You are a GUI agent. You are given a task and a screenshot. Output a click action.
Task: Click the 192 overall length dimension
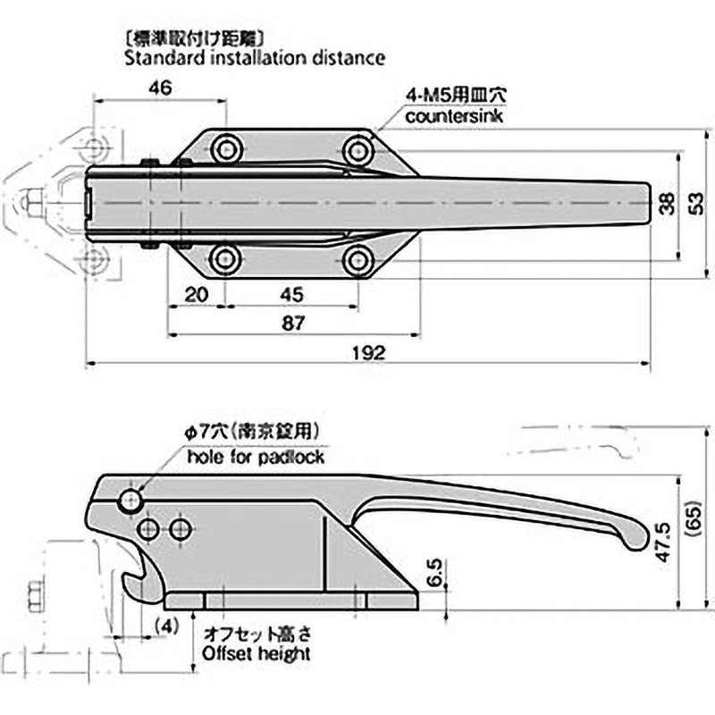pyautogui.click(x=373, y=353)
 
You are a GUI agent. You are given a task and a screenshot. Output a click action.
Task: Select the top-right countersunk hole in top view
pyautogui.click(x=359, y=149)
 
